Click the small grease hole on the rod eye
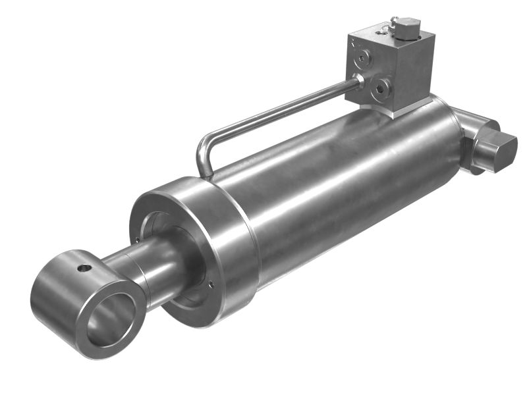coord(83,268)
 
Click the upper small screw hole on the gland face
coord(137,240)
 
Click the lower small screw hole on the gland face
coord(210,284)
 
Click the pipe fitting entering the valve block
coord(359,81)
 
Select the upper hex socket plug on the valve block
coord(363,60)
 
